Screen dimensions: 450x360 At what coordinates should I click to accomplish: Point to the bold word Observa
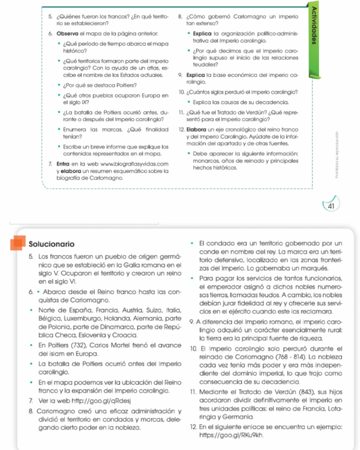[x=67, y=34]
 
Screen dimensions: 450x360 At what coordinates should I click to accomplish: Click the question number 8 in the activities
[x=180, y=16]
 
